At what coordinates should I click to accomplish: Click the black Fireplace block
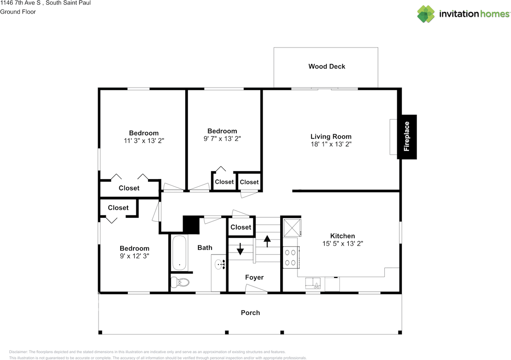pyautogui.click(x=407, y=137)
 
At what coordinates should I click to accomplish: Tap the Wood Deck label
pyautogui.click(x=327, y=66)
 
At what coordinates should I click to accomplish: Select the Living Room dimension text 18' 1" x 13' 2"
pyautogui.click(x=331, y=144)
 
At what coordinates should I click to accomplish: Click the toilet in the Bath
pyautogui.click(x=180, y=282)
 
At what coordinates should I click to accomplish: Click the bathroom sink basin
pyautogui.click(x=219, y=264)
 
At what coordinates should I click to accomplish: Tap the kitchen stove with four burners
pyautogui.click(x=291, y=257)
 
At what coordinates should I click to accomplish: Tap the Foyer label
pyautogui.click(x=254, y=277)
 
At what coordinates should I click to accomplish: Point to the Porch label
pyautogui.click(x=250, y=312)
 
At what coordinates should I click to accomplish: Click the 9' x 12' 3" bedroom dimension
pyautogui.click(x=135, y=256)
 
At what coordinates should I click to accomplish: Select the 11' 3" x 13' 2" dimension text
pyautogui.click(x=144, y=141)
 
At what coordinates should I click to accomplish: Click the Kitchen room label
pyautogui.click(x=342, y=236)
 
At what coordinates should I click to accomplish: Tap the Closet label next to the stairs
pyautogui.click(x=241, y=227)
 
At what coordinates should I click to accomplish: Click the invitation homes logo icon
pyautogui.click(x=426, y=14)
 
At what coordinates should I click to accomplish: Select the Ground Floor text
pyautogui.click(x=18, y=12)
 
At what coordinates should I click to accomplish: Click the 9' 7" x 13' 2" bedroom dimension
pyautogui.click(x=222, y=139)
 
